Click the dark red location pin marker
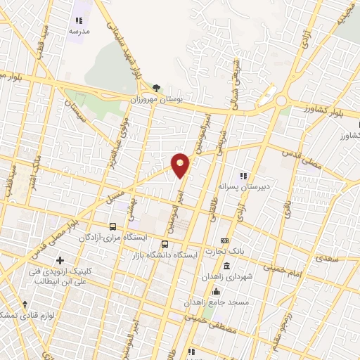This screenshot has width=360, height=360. (x=181, y=165)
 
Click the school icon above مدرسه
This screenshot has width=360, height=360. (x=79, y=22)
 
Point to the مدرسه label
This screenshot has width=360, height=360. (x=79, y=32)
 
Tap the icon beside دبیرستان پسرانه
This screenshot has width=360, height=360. (x=244, y=175)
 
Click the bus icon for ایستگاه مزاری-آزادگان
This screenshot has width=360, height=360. (x=112, y=226)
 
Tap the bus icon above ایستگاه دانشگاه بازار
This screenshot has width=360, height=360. (x=165, y=244)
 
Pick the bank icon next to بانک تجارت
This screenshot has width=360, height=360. (x=224, y=241)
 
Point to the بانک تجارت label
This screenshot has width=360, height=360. (x=224, y=252)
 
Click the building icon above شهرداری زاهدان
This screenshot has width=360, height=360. (x=226, y=266)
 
